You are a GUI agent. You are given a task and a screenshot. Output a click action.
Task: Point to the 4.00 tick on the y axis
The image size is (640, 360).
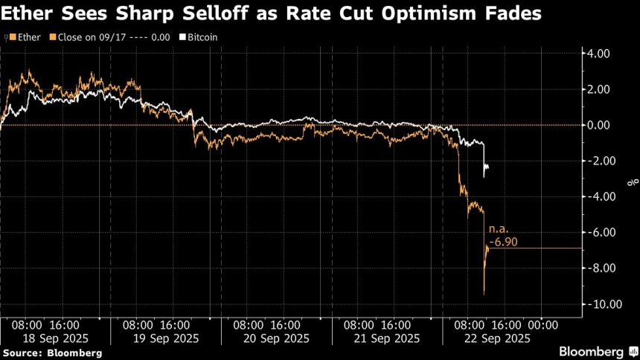pyautogui.click(x=598, y=54)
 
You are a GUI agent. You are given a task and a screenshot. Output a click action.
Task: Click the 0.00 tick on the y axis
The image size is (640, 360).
pyautogui.click(x=598, y=125)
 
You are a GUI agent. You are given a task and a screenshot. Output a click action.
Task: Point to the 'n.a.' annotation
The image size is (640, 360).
pyautogui.click(x=498, y=231)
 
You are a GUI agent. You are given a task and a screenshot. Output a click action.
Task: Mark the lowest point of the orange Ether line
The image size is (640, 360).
pyautogui.click(x=484, y=295)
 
